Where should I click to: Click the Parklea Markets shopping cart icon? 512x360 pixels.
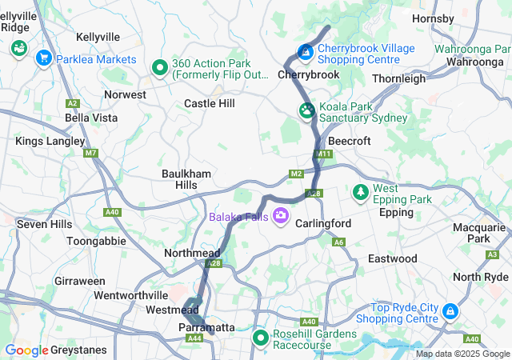(x=44, y=58)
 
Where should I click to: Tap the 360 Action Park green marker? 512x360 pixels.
(x=159, y=69)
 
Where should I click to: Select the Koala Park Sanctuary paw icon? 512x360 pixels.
(x=306, y=111)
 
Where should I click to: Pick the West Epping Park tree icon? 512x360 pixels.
(x=360, y=193)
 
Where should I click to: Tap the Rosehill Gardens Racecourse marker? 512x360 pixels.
(x=261, y=338)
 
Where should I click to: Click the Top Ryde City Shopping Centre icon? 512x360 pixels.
(x=450, y=310)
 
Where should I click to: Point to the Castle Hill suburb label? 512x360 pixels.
(x=210, y=103)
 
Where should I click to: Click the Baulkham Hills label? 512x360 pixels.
(x=185, y=179)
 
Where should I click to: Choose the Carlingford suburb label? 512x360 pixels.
(x=324, y=223)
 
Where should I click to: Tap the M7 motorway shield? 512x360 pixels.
(x=90, y=153)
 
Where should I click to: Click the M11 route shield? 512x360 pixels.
(x=323, y=154)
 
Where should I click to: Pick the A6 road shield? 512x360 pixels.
(x=339, y=242)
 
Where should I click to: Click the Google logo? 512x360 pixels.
(x=26, y=350)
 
